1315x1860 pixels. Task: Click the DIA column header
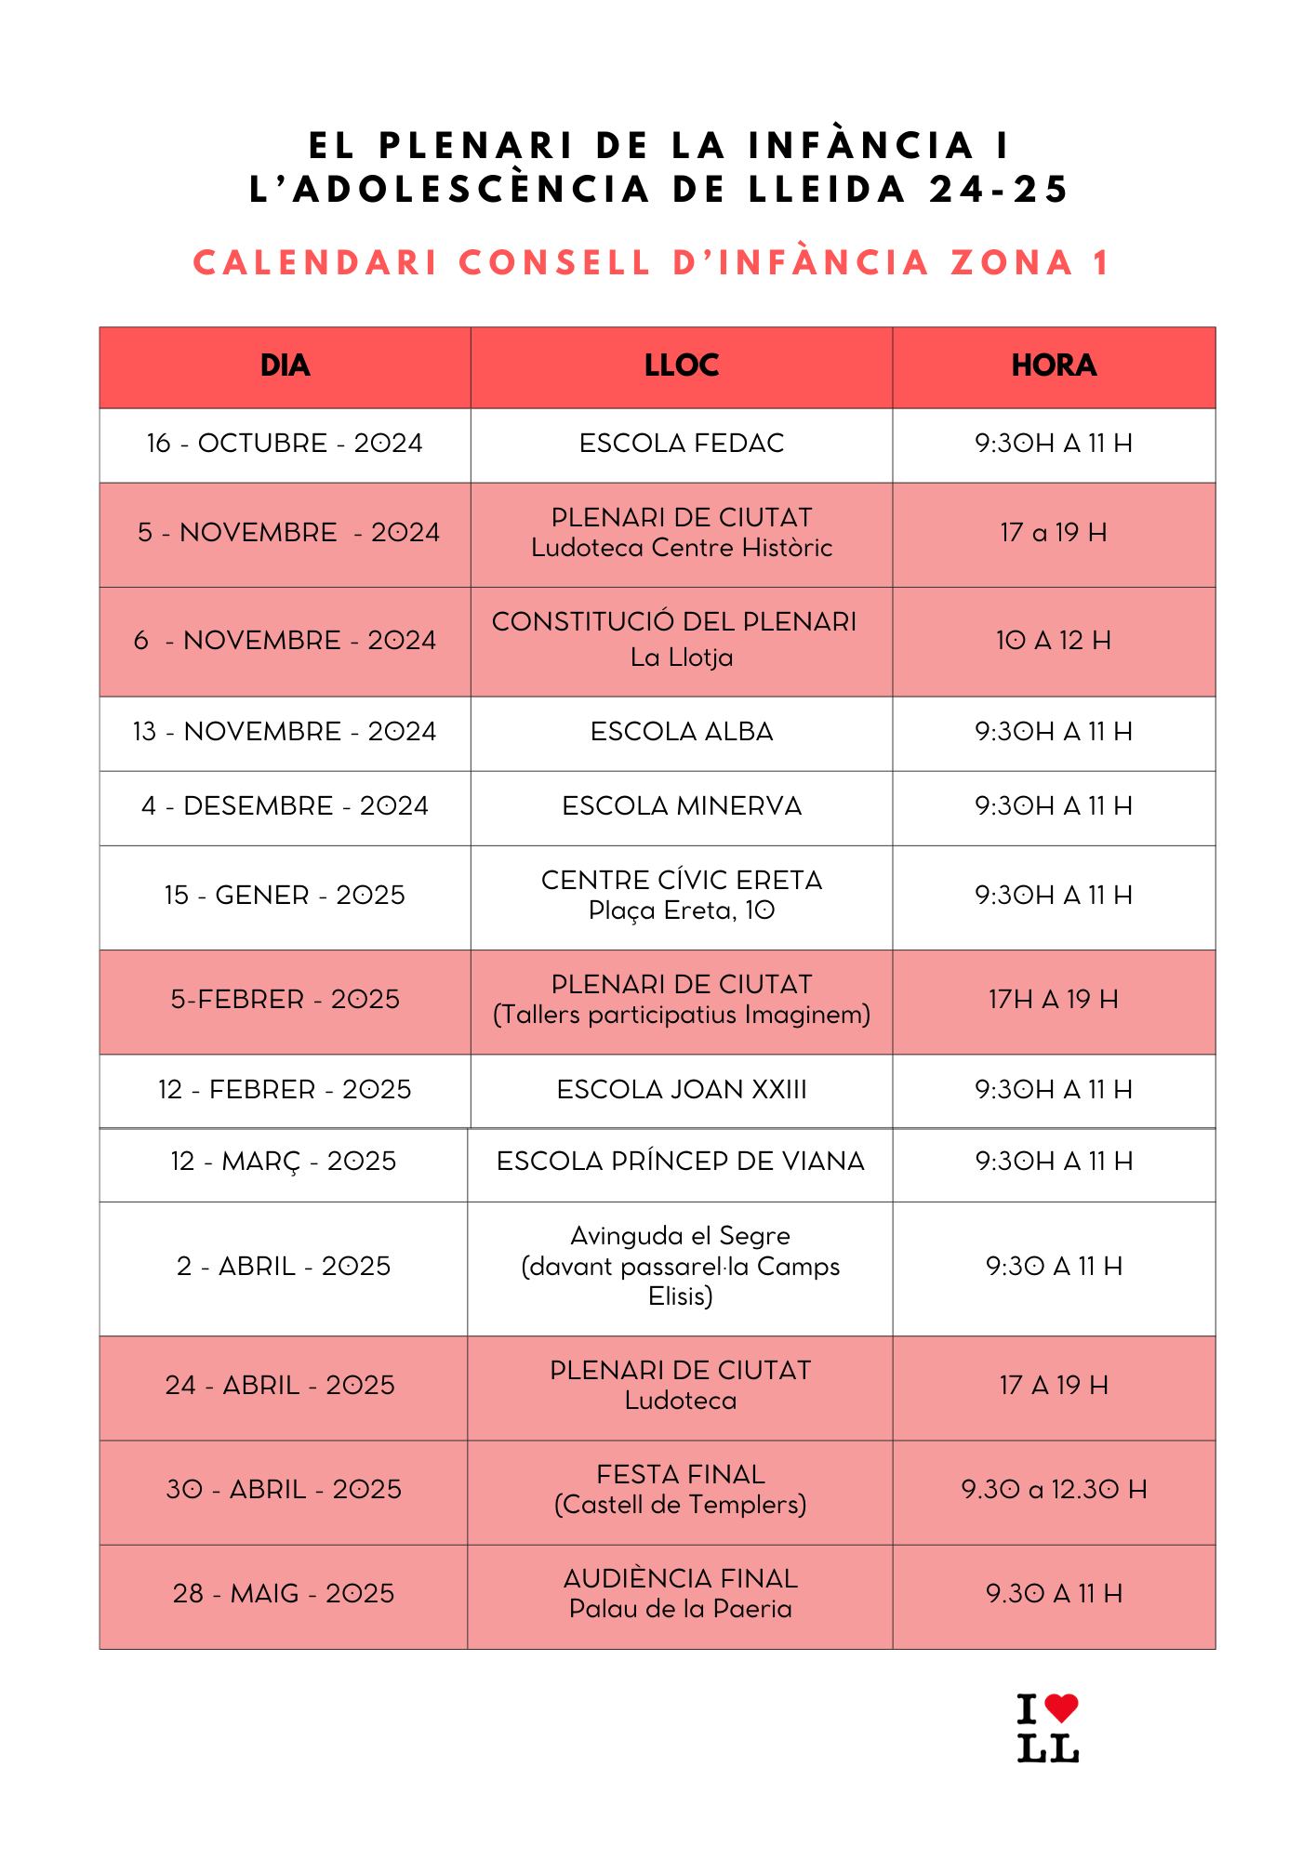(x=285, y=365)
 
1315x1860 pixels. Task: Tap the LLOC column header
(x=682, y=365)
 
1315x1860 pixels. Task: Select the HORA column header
(x=1054, y=365)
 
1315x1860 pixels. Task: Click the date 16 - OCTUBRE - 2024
(x=285, y=444)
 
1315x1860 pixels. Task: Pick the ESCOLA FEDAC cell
(x=682, y=444)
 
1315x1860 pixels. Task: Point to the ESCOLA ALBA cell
(x=682, y=732)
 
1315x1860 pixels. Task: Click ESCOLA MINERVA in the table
(x=682, y=806)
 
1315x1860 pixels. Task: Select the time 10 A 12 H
(x=1054, y=641)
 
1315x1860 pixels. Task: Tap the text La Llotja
(x=682, y=658)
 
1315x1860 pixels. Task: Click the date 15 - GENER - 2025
(x=285, y=896)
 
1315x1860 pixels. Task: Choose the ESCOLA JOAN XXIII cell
(x=682, y=1090)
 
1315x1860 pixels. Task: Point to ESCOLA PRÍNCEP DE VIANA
(x=681, y=1162)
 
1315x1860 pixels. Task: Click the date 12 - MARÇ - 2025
(x=283, y=1162)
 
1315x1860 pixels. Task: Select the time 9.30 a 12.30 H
(x=1054, y=1490)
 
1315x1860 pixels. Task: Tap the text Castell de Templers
(x=681, y=1505)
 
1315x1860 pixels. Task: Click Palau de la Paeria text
(x=681, y=1609)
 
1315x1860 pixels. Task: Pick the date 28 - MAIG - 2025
(x=283, y=1594)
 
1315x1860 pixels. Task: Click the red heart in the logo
(x=1061, y=1707)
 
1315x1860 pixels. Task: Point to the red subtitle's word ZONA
(x=1012, y=263)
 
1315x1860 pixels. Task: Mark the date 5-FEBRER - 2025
(x=285, y=1000)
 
